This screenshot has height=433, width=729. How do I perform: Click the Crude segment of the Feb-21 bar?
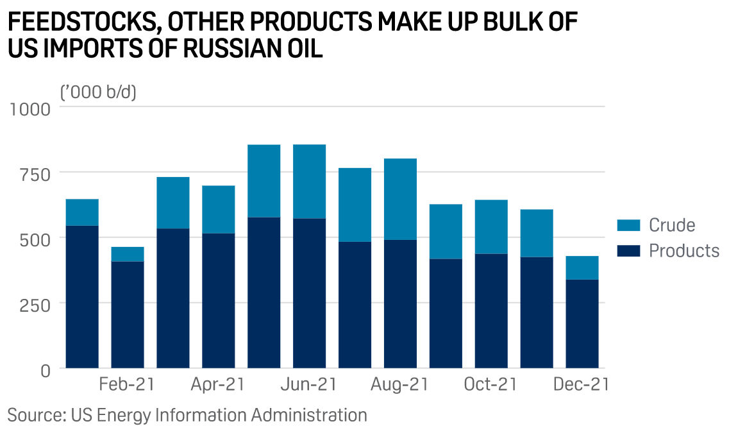click(128, 254)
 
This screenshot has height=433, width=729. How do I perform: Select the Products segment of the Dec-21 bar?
click(582, 323)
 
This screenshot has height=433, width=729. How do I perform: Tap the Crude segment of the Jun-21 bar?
click(309, 182)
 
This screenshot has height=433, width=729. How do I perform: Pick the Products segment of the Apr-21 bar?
click(218, 300)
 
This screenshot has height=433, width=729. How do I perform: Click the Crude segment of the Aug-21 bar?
click(400, 199)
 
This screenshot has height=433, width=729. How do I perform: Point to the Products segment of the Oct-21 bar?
click(491, 310)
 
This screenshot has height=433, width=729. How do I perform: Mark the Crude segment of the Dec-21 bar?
click(582, 267)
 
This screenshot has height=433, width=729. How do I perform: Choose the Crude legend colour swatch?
click(628, 225)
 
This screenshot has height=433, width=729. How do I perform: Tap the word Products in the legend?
click(683, 250)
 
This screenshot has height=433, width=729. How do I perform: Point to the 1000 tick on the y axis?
click(28, 108)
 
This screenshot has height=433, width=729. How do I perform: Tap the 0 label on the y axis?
click(44, 369)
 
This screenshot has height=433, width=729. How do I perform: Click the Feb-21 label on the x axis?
click(127, 384)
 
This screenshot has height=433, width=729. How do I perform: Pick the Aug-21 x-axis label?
click(400, 384)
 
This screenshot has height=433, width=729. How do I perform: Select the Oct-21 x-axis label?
click(490, 384)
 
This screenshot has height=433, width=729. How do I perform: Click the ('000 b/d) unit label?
click(98, 92)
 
